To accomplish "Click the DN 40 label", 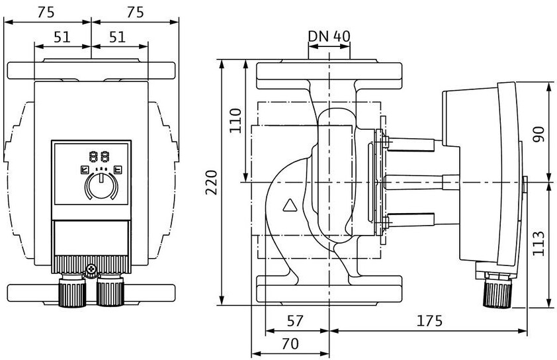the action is click(x=329, y=36).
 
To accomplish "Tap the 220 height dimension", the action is click(x=212, y=182).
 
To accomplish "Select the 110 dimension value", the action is click(x=235, y=121).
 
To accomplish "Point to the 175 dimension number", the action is click(x=429, y=320).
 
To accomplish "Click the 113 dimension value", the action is click(x=539, y=244).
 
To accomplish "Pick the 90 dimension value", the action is click(x=539, y=134).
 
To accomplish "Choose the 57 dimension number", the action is click(x=295, y=320).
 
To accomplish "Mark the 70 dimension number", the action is click(x=290, y=343).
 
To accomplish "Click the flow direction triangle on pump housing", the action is click(x=290, y=205).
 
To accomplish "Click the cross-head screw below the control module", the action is click(x=92, y=269).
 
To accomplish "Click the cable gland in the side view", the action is click(x=497, y=290).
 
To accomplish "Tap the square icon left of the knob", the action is click(x=85, y=169).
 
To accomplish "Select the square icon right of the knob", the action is click(x=118, y=169).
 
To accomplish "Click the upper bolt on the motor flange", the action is click(x=386, y=142).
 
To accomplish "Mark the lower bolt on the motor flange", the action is click(x=386, y=223).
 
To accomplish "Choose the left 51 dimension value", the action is click(x=62, y=37).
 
